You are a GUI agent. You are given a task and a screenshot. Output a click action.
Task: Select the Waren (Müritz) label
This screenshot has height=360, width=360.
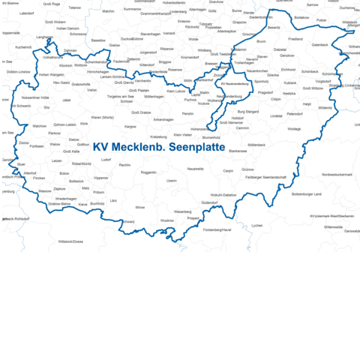102,118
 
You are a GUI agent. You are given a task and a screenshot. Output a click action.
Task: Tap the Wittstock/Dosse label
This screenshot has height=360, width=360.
70,241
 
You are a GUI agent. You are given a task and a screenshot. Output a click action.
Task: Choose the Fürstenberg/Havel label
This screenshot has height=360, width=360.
217,229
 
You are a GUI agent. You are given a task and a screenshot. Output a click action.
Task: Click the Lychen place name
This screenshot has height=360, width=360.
257,225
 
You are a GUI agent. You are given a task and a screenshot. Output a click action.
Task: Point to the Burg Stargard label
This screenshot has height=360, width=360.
247,112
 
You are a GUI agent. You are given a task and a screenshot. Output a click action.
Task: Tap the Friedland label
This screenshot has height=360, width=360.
295,38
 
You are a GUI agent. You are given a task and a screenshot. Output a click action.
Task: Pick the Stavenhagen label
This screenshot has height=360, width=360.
150,34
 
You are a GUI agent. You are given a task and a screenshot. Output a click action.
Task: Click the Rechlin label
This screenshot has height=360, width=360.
125,165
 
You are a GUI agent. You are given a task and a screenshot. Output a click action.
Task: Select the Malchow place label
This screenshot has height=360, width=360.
39,126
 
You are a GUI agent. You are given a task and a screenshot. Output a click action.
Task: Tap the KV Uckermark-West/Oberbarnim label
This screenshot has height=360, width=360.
331,216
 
